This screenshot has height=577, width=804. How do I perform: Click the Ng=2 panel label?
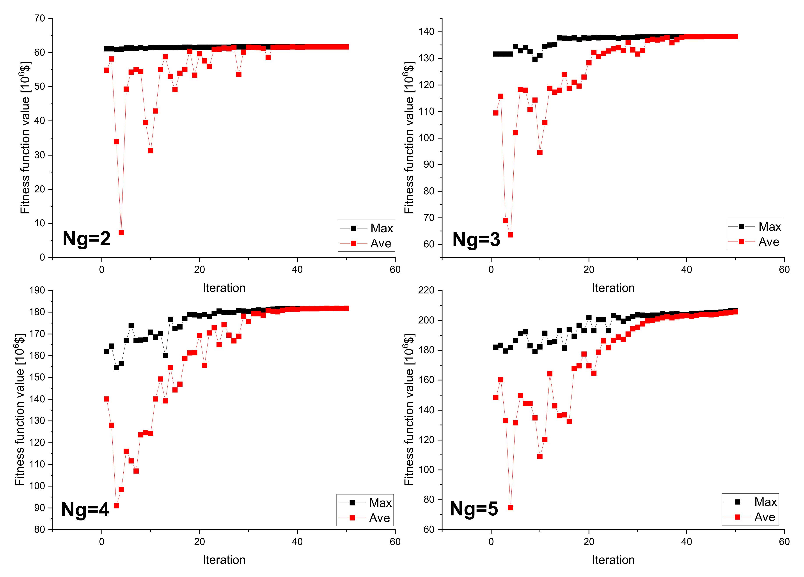point(87,238)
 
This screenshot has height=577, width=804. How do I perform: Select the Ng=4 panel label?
point(85,510)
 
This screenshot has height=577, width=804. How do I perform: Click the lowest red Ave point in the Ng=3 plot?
point(511,235)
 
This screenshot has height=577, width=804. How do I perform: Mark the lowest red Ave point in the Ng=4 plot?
point(116,506)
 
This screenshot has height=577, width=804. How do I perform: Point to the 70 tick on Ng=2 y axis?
point(40,18)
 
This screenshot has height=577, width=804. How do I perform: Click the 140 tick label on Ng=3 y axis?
point(426,32)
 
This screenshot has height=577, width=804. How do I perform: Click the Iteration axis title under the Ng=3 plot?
point(613,288)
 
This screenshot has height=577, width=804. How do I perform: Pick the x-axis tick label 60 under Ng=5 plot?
point(784,541)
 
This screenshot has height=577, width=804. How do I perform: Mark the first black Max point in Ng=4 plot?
point(106,352)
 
